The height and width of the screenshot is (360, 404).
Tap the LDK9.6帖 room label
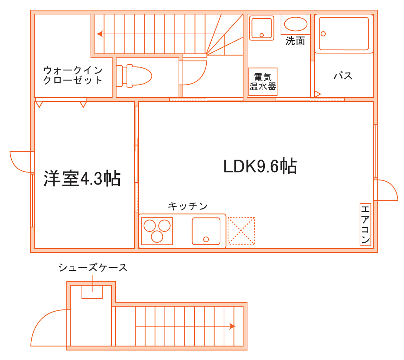(x=260, y=166)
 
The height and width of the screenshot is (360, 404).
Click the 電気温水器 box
(x=263, y=82)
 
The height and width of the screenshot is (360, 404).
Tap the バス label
(x=343, y=76)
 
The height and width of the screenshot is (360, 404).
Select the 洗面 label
(x=295, y=41)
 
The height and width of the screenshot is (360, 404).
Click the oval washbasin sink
(x=296, y=25)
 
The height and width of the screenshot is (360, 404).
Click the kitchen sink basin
(x=206, y=231)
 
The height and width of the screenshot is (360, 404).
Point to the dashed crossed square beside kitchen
(x=241, y=231)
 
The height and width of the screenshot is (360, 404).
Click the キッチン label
(x=188, y=206)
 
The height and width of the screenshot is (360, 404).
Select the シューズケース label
(x=93, y=268)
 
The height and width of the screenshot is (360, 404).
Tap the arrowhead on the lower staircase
(x=232, y=326)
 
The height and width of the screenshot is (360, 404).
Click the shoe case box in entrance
(x=92, y=292)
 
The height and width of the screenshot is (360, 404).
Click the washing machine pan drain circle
(x=262, y=35)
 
